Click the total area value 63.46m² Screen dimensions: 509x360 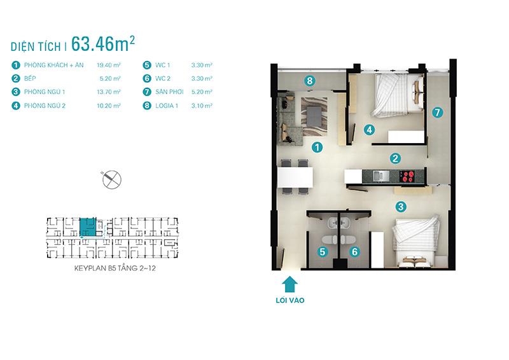pyautogui.click(x=103, y=44)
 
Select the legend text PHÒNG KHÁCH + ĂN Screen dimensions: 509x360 pyautogui.click(x=54, y=65)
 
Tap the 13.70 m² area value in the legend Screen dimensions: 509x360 pyautogui.click(x=109, y=92)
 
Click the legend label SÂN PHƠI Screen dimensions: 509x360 pyautogui.click(x=169, y=92)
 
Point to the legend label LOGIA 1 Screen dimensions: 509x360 pyautogui.click(x=167, y=106)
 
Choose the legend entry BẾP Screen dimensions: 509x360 pyautogui.click(x=30, y=79)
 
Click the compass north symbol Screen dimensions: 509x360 pyautogui.click(x=112, y=179)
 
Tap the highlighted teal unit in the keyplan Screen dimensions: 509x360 pyautogui.click(x=88, y=227)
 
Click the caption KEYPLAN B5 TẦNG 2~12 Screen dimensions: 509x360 pyautogui.click(x=115, y=268)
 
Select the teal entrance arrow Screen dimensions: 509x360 pyautogui.click(x=289, y=285)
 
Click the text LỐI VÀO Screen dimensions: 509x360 pyautogui.click(x=290, y=300)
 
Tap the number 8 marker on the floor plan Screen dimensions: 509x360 pyautogui.click(x=310, y=81)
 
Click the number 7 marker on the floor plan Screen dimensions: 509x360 pyautogui.click(x=437, y=113)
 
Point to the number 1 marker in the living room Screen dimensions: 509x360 pyautogui.click(x=317, y=148)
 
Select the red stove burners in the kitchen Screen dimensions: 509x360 pyautogui.click(x=407, y=176)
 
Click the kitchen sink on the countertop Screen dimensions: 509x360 pyautogui.click(x=381, y=176)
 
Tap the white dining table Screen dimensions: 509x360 pyautogui.click(x=295, y=177)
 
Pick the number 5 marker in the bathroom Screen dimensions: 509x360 pyautogui.click(x=323, y=252)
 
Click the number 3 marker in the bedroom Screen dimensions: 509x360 pyautogui.click(x=401, y=207)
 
